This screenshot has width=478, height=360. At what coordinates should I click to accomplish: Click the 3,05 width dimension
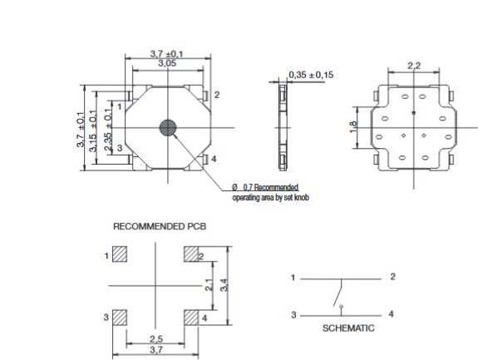166,63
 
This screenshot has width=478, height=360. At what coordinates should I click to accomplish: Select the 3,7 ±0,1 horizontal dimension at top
166,54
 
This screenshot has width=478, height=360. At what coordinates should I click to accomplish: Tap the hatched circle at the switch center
168,127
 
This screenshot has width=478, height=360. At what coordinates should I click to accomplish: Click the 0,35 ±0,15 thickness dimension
312,75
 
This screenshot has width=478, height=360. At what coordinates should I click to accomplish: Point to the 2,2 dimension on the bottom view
413,65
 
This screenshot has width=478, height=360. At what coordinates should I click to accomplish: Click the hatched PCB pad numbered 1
120,254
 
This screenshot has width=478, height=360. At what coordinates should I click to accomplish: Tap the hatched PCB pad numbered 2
191,254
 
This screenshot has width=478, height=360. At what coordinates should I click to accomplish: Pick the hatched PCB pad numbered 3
120,317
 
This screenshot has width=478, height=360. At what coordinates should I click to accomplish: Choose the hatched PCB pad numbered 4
191,317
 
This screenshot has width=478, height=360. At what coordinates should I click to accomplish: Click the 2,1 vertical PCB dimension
209,285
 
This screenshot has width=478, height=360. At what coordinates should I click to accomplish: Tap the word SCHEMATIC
348,328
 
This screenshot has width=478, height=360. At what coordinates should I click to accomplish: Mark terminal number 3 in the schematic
293,315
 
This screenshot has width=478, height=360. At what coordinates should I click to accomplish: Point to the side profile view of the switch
281,127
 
